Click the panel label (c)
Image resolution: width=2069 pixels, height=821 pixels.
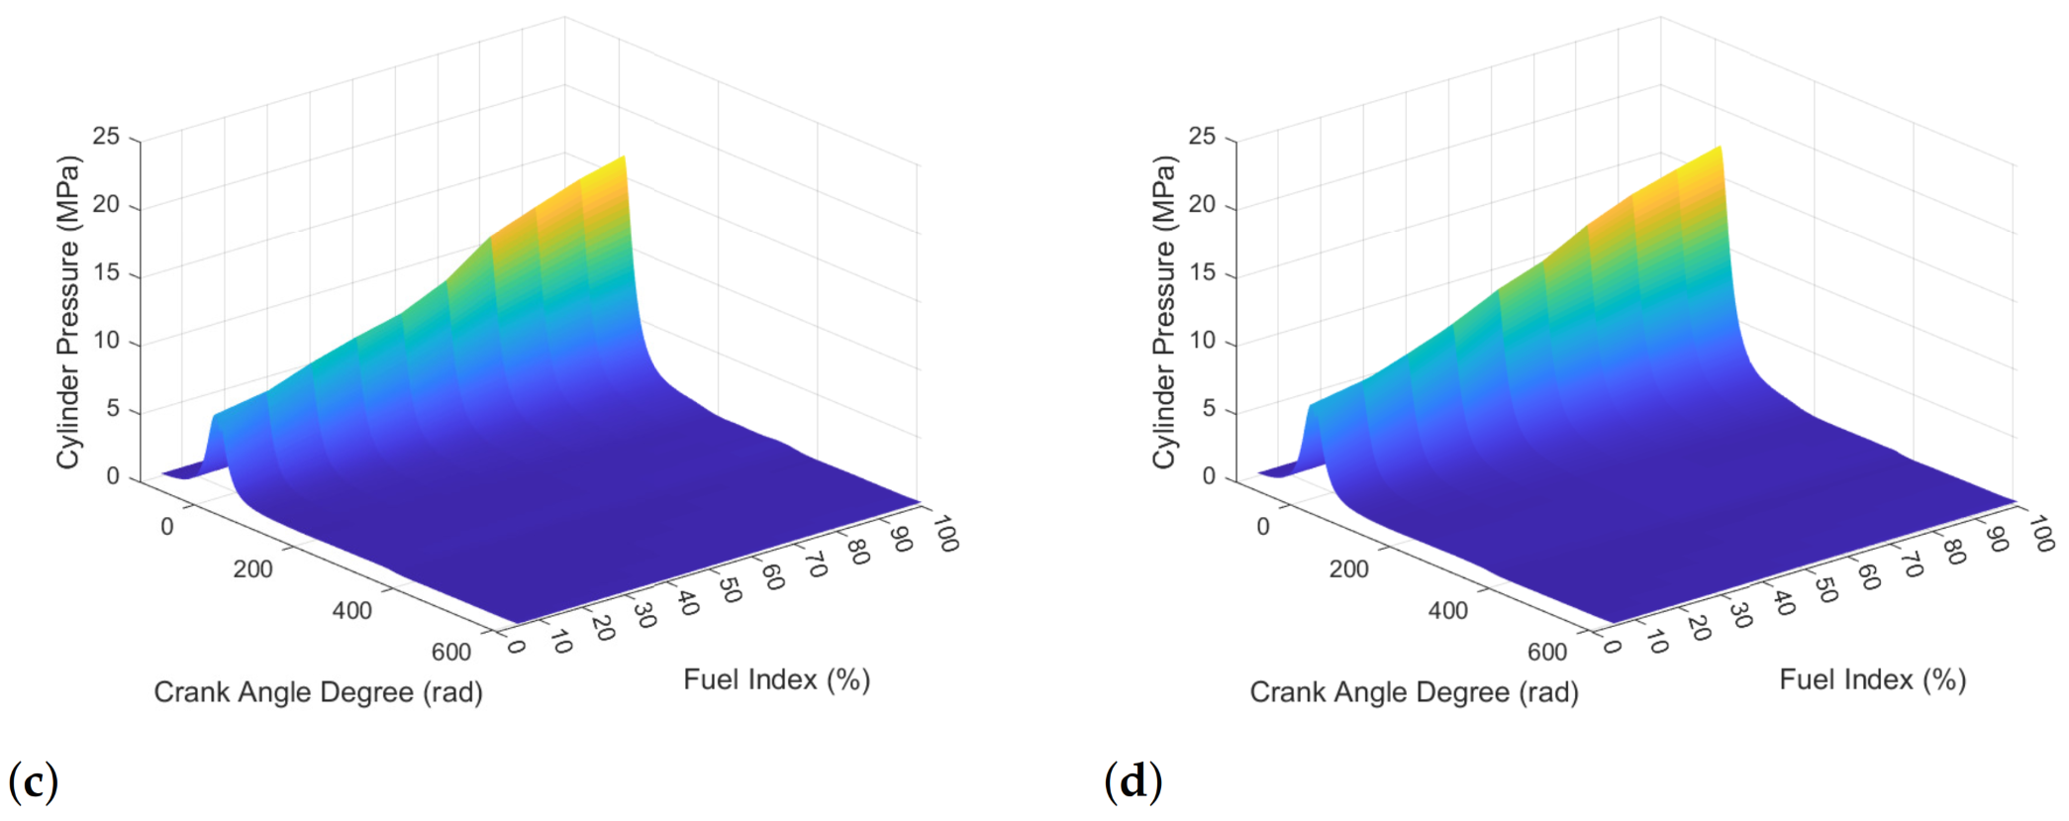click(34, 781)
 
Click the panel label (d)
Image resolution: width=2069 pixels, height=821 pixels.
click(1133, 781)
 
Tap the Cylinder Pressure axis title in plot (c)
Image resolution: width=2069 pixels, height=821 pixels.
click(67, 312)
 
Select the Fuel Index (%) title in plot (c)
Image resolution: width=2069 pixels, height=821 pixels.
click(776, 679)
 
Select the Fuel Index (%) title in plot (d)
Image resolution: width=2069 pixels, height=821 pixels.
click(1872, 679)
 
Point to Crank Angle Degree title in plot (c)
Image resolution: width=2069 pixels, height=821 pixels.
click(318, 691)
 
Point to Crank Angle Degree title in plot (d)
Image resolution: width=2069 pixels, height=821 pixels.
click(1414, 691)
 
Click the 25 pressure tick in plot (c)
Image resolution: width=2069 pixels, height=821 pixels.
click(106, 137)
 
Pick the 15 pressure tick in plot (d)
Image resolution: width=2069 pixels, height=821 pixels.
click(1202, 272)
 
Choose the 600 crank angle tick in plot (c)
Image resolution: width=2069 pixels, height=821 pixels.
click(451, 652)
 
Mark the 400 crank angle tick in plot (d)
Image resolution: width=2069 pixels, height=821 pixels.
click(1447, 610)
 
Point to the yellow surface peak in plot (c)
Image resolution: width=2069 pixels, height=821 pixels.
click(621, 161)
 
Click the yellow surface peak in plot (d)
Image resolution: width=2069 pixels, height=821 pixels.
click(1718, 152)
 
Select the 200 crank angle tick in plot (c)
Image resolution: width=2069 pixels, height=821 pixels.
click(252, 569)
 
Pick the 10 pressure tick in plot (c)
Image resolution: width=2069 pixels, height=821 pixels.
click(106, 341)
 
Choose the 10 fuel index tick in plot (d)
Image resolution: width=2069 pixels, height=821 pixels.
click(1655, 643)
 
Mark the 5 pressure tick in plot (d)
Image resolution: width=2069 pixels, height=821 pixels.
click(1208, 408)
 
